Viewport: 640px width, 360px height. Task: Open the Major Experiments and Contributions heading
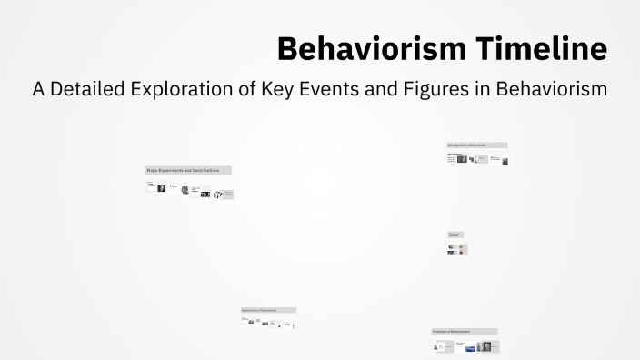pos(188,170)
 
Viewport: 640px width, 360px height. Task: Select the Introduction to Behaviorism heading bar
pos(476,145)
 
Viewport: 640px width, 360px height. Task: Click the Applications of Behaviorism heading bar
pos(268,310)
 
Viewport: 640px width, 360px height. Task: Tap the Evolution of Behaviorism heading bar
pos(464,332)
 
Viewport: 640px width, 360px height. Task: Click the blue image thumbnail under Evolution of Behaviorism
pos(470,347)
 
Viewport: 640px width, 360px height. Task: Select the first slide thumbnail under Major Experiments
pos(150,187)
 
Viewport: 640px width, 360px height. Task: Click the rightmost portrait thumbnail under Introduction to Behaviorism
pos(505,161)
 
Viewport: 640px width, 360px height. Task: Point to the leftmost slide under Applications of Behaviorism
pos(245,320)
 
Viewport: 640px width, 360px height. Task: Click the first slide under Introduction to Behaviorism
pos(452,157)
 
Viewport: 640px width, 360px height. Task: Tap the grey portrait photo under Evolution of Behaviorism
pos(485,346)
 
